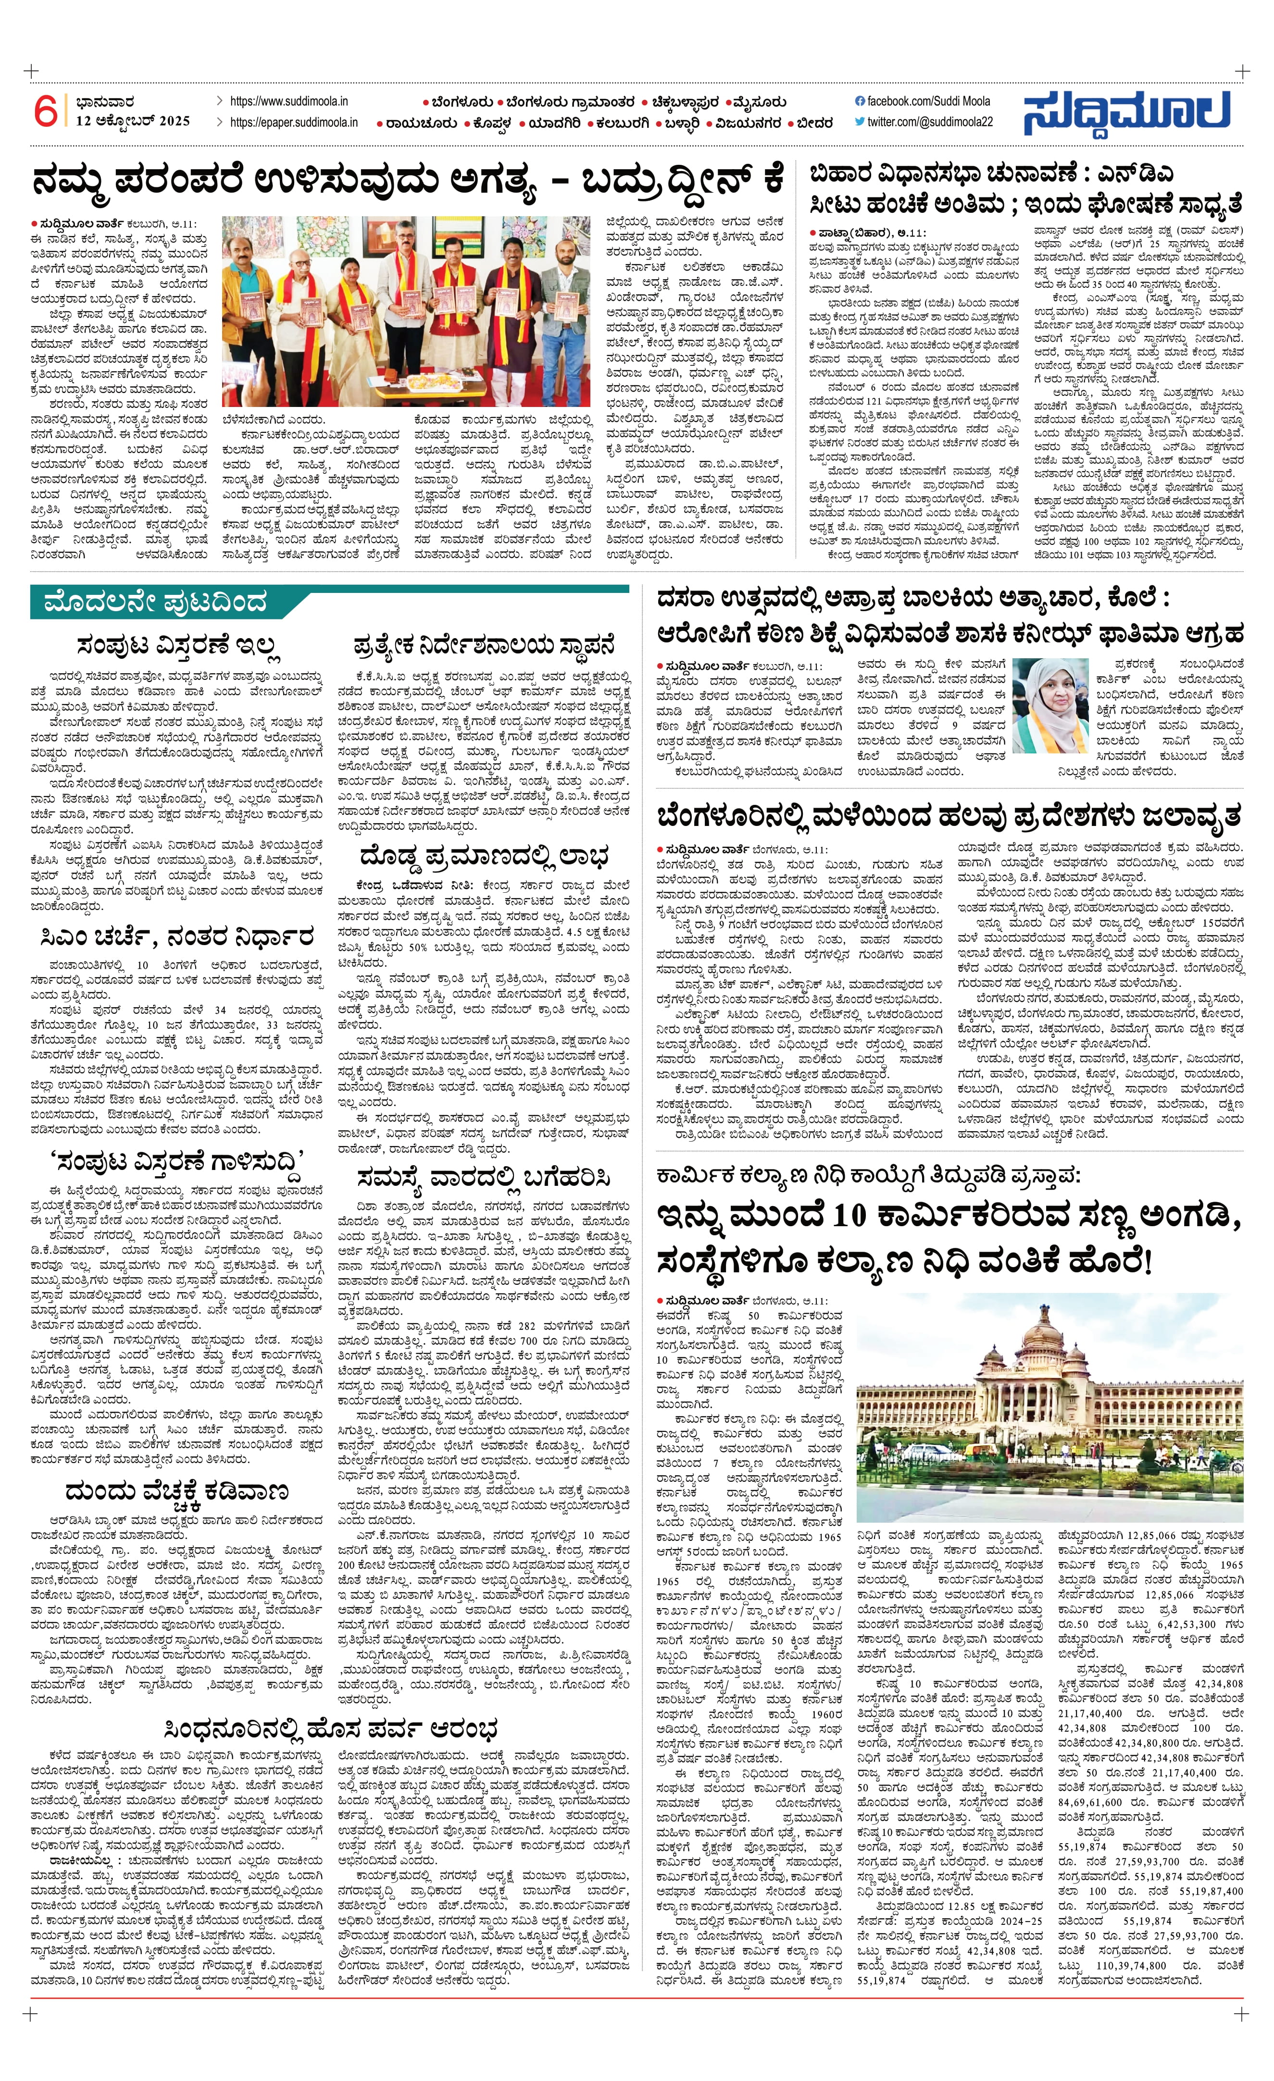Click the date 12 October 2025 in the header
[x=133, y=121]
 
